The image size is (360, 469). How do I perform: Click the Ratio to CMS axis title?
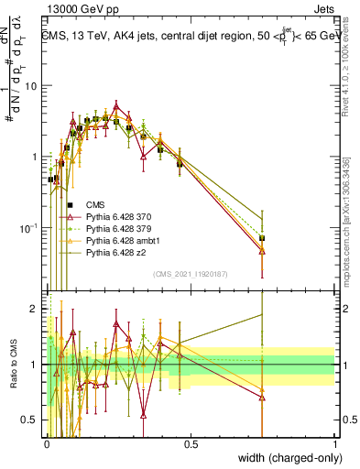[x=14, y=365]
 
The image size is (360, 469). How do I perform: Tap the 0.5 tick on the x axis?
[x=190, y=442]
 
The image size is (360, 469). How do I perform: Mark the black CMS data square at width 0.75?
[x=262, y=238]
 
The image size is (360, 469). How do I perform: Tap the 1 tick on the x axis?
[x=334, y=442]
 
